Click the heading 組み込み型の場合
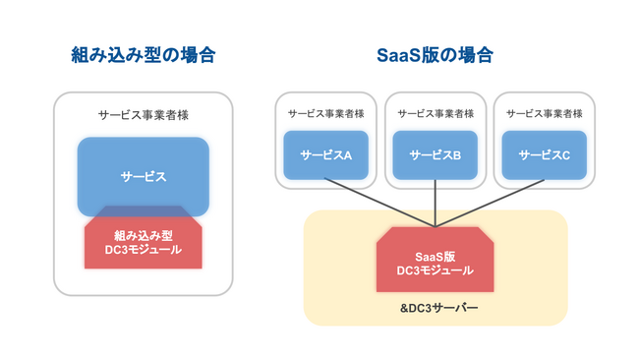(x=144, y=55)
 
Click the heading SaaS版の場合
(x=436, y=55)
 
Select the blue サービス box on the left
(x=144, y=177)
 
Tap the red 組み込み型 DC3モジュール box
(x=144, y=242)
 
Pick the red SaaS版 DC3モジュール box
(x=436, y=262)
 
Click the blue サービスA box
(x=325, y=155)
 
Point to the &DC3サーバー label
(x=436, y=308)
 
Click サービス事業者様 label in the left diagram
(x=144, y=115)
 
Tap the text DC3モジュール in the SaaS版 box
(x=436, y=270)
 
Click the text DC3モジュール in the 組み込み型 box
(x=144, y=250)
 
